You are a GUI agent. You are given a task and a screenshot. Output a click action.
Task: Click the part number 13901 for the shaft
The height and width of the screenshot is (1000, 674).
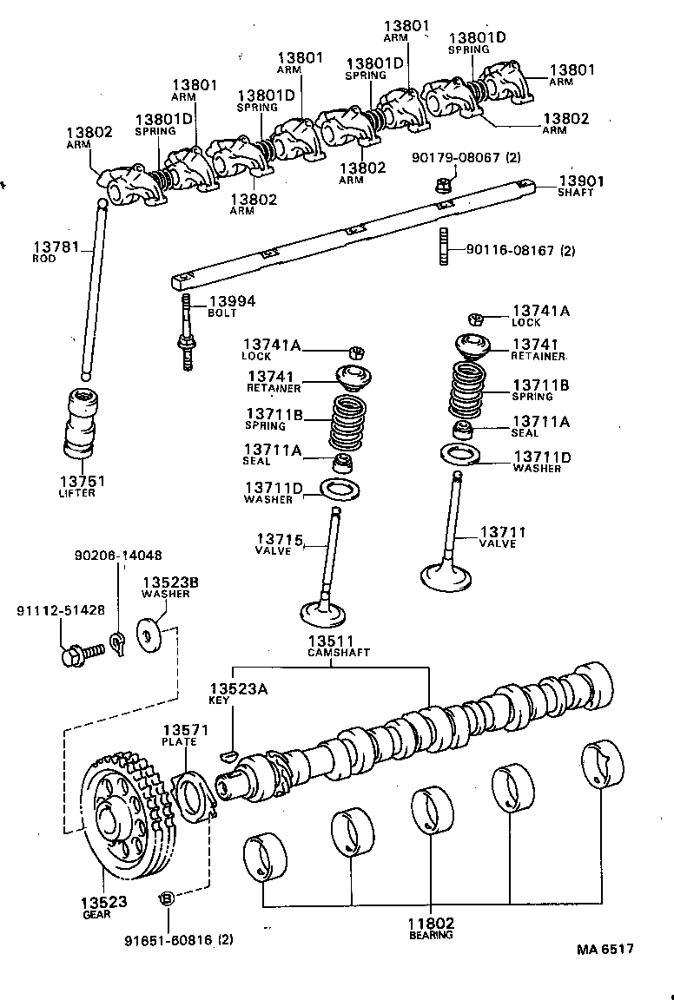click(578, 181)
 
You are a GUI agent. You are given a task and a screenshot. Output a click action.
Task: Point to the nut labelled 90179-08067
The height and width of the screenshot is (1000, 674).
click(440, 185)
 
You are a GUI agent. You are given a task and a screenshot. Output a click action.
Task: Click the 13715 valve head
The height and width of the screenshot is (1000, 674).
click(324, 611)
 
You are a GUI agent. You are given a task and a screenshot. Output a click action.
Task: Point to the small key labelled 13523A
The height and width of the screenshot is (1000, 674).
click(229, 752)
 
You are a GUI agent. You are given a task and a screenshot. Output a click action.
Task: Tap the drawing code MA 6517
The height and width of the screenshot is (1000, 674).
click(605, 949)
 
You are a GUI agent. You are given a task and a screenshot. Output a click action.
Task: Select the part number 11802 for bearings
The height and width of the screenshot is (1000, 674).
click(431, 924)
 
